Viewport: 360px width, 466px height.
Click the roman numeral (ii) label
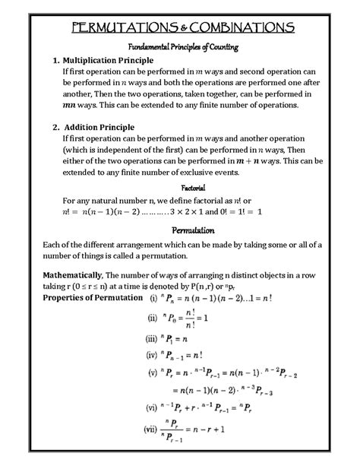point(152,319)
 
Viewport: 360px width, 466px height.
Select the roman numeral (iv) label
point(152,356)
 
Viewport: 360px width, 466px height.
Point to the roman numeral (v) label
point(153,373)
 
